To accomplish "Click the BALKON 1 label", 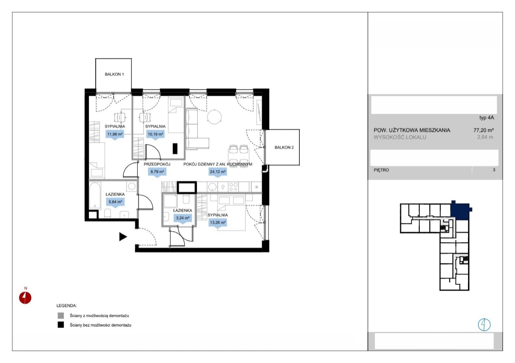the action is pyautogui.click(x=114, y=74).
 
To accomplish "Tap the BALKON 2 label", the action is pyautogui.click(x=284, y=147).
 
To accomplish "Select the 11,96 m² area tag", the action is pyautogui.click(x=115, y=134).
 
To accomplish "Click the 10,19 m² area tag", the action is pyautogui.click(x=155, y=134).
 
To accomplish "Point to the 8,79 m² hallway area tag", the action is pyautogui.click(x=157, y=172).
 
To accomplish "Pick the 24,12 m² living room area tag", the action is pyautogui.click(x=218, y=172).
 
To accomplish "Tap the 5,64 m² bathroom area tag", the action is pyautogui.click(x=115, y=202).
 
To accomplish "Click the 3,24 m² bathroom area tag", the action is pyautogui.click(x=183, y=218).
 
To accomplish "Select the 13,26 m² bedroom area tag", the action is pyautogui.click(x=218, y=223).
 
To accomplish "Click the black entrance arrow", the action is pyautogui.click(x=123, y=237).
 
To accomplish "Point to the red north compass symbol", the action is pyautogui.click(x=25, y=298).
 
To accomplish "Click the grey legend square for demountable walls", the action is pyautogui.click(x=61, y=315).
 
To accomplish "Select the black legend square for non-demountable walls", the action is pyautogui.click(x=61, y=325).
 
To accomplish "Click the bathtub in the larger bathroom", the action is pyautogui.click(x=95, y=196).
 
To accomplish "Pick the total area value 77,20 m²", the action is pyautogui.click(x=483, y=130).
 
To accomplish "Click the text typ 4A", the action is pyautogui.click(x=486, y=118).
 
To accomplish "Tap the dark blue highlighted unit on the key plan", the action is pyautogui.click(x=460, y=211).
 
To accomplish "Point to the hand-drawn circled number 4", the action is pyautogui.click(x=484, y=325).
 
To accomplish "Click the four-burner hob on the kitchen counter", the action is pyautogui.click(x=234, y=187).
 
